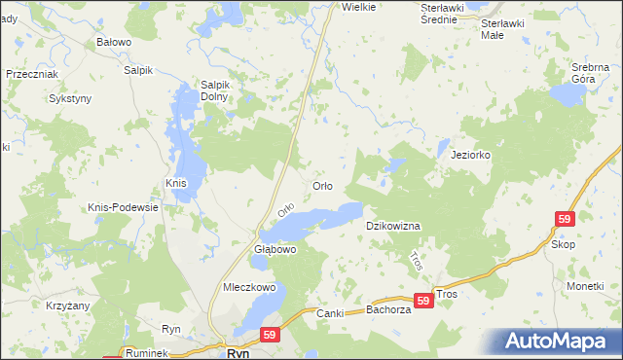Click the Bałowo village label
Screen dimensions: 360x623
[114, 43]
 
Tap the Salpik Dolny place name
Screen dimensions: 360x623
[213, 90]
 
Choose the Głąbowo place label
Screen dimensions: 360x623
[274, 249]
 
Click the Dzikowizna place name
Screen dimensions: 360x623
[392, 226]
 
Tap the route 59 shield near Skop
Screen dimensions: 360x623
[565, 220]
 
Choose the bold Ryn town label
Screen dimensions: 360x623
[238, 355]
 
